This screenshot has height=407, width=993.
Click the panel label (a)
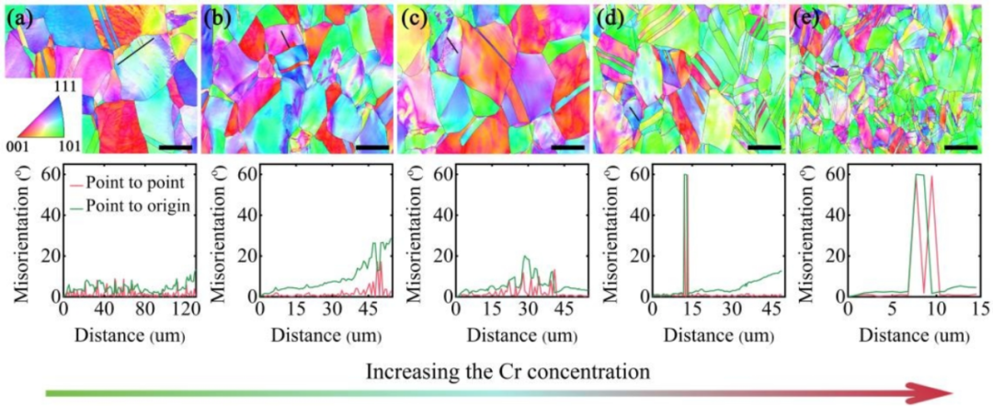(20, 16)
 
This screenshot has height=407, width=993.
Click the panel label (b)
(217, 16)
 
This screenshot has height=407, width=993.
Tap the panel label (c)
(413, 16)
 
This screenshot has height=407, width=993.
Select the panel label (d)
(609, 16)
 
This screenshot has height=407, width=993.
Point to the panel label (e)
(805, 16)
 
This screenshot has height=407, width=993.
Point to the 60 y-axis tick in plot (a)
(50, 172)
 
